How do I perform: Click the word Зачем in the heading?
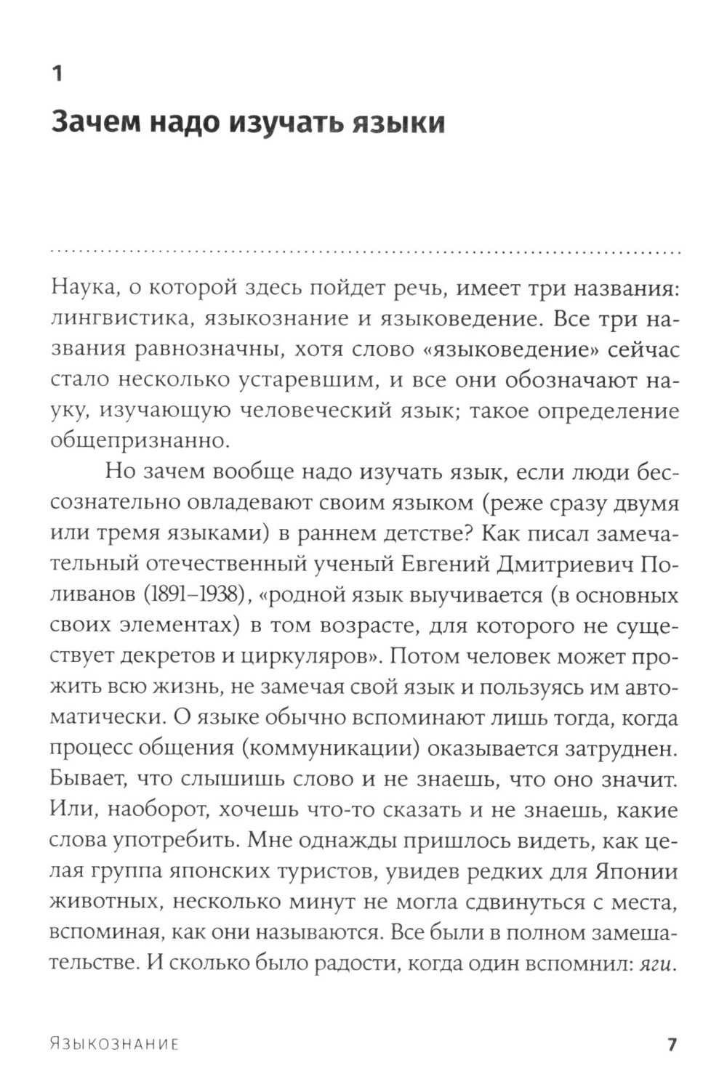tap(94, 122)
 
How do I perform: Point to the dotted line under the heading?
tap(363, 251)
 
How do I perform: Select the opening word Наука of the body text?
tap(82, 288)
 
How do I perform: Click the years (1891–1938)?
tap(188, 594)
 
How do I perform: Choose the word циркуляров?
tap(305, 655)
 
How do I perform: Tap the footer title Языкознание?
tap(115, 1044)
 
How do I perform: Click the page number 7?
tap(671, 1044)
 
